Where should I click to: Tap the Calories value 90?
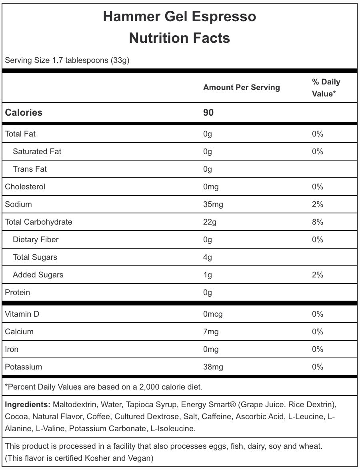208,112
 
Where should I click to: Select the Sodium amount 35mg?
213,204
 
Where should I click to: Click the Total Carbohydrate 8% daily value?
318,222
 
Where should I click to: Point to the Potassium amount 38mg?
213,367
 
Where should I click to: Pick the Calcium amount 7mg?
211,331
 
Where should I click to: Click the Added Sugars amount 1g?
207,275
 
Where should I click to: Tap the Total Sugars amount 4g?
207,257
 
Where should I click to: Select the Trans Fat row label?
30,169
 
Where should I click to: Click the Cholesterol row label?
25,187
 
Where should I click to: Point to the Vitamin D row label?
22,314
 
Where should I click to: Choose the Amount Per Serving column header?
241,87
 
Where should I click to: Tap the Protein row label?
17,292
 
